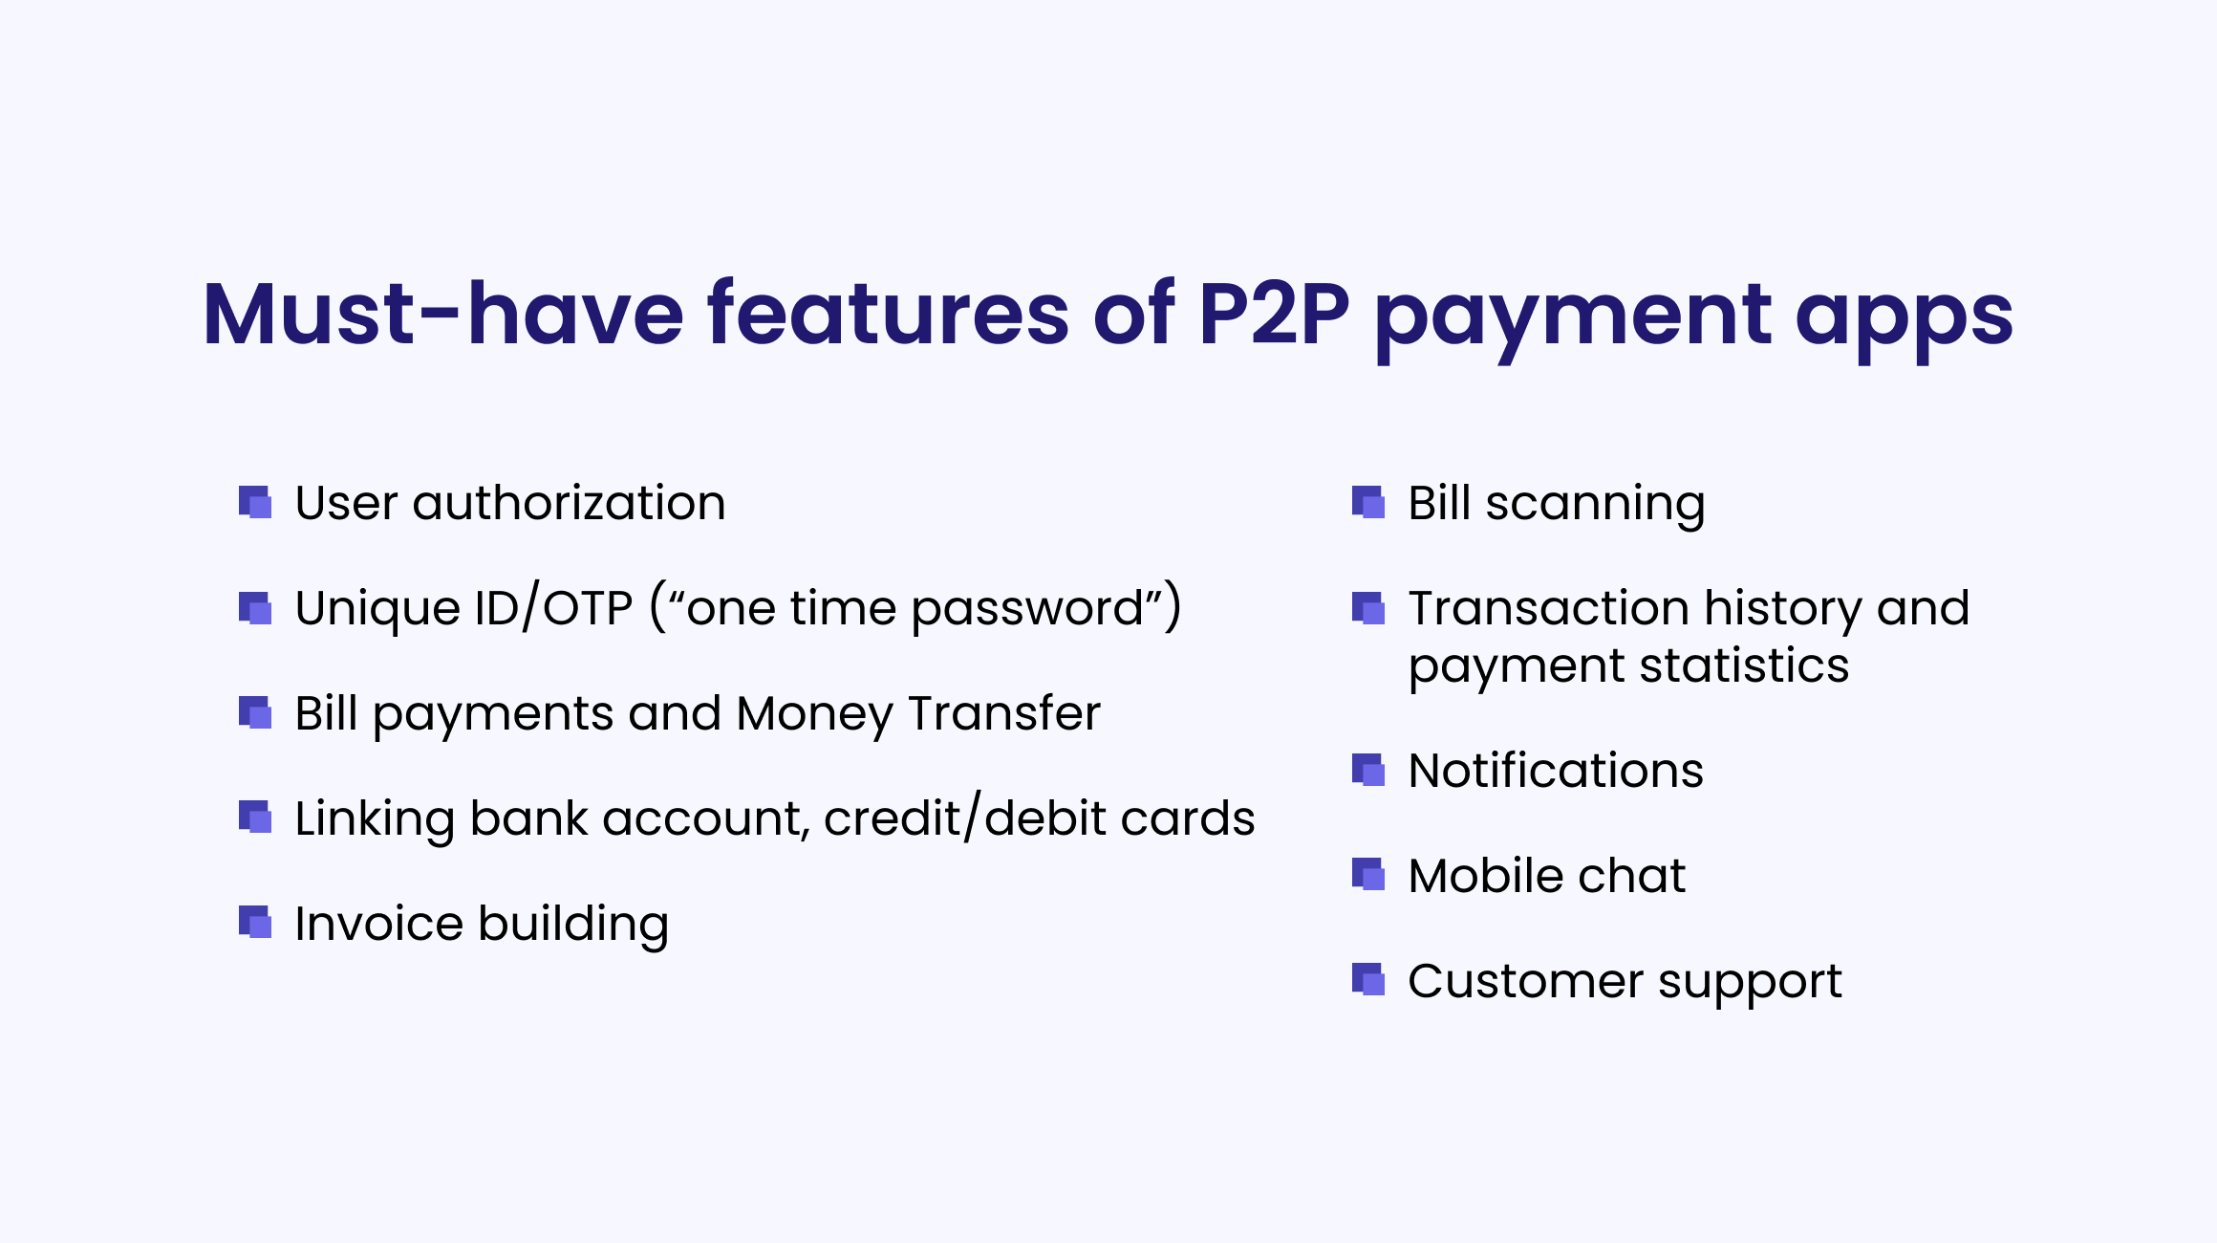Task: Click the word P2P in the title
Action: [1274, 314]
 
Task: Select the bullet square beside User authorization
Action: [255, 503]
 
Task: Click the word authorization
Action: [569, 503]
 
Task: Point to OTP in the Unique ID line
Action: [588, 608]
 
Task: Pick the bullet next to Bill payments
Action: [255, 713]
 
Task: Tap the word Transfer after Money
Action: [1004, 713]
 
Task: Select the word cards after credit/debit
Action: [1187, 818]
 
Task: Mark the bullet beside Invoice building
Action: [255, 924]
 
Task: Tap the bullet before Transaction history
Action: [1368, 608]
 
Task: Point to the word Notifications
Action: [1556, 771]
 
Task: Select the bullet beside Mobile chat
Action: [1368, 876]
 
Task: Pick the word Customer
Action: [1526, 981]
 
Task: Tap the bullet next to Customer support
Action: [1368, 981]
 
